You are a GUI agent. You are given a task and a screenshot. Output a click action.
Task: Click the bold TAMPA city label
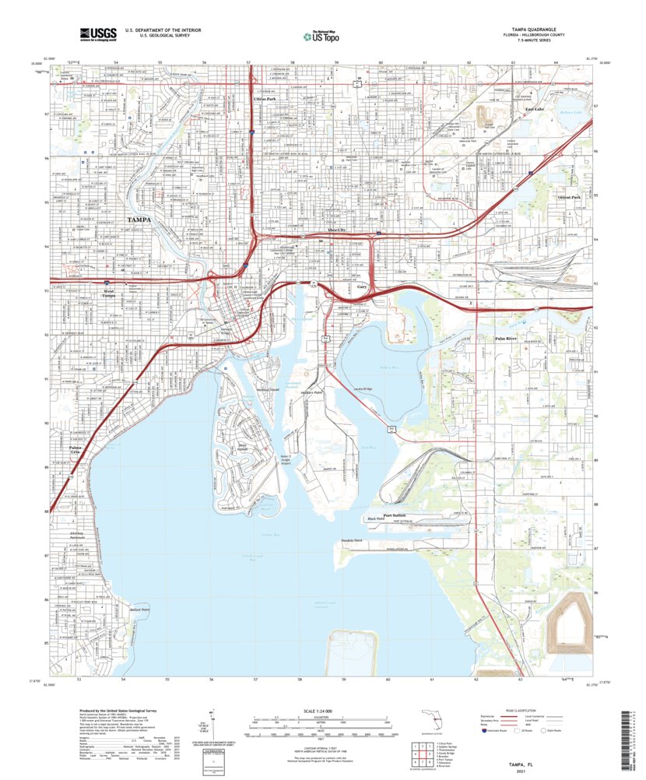point(139,220)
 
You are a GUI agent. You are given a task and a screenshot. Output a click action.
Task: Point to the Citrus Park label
point(265,100)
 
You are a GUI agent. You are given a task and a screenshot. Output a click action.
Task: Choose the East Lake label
point(534,109)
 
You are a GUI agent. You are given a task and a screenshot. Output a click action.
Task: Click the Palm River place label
point(506,339)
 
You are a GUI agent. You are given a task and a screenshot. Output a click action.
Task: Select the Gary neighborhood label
point(362,287)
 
